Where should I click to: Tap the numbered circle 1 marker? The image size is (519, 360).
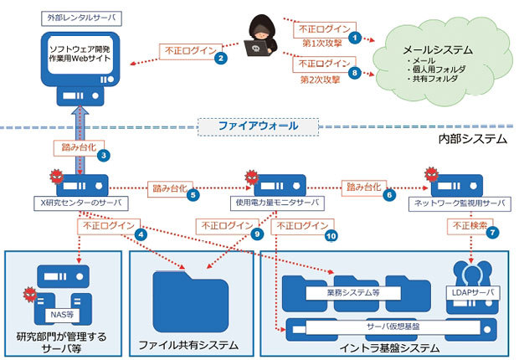click(356, 38)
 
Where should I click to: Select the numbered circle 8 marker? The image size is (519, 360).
click(356, 73)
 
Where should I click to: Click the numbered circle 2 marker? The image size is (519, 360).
click(220, 59)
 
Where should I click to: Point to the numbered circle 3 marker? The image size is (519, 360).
click(103, 155)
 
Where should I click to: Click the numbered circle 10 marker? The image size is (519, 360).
click(331, 237)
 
